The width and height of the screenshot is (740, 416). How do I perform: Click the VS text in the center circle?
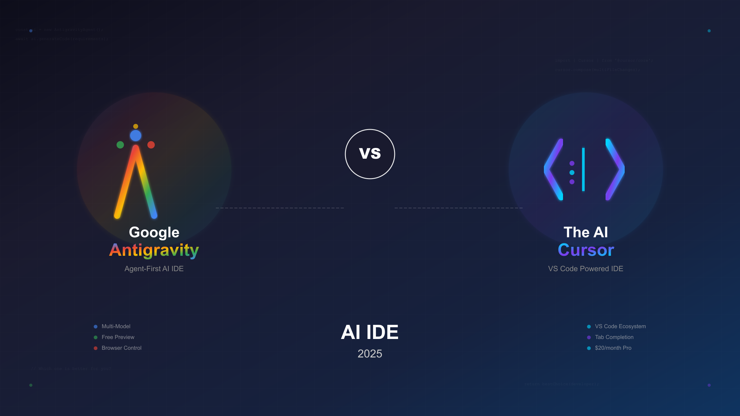(x=370, y=153)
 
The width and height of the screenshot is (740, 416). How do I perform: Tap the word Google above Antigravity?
(x=154, y=232)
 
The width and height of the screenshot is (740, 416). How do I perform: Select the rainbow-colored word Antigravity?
(x=154, y=250)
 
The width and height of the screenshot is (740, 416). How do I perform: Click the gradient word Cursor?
(x=586, y=250)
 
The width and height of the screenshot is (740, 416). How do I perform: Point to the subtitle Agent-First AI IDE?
(x=154, y=269)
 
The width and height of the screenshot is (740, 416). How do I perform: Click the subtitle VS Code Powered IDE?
(x=586, y=269)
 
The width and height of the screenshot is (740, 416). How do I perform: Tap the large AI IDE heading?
(x=370, y=332)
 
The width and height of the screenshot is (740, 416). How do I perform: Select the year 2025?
(x=370, y=354)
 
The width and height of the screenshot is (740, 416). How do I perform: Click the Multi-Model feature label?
(x=116, y=326)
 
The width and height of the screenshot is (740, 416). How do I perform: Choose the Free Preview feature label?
(x=118, y=337)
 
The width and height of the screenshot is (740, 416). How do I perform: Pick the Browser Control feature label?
(x=121, y=348)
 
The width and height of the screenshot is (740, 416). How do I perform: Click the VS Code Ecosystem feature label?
(x=620, y=326)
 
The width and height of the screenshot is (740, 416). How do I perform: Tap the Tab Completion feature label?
(x=614, y=337)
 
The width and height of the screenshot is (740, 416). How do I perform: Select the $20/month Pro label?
(x=613, y=348)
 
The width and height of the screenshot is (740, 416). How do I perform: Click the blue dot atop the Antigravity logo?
(x=136, y=136)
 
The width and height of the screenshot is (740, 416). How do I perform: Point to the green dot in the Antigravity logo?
(x=120, y=145)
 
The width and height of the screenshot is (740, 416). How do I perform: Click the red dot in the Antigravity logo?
(x=151, y=145)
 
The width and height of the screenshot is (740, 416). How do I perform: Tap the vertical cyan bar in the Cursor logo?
(x=583, y=169)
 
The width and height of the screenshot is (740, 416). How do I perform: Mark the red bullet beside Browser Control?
(x=96, y=348)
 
